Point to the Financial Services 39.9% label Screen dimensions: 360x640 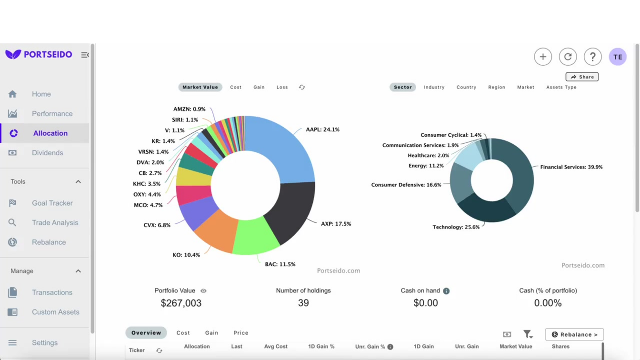[x=571, y=167]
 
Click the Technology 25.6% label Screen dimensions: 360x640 [x=456, y=227]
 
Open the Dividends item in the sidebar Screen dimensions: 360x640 [x=47, y=153]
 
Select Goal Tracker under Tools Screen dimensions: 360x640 [x=52, y=203]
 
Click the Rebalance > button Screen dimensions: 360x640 [x=574, y=335]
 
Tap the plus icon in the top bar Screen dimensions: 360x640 [x=543, y=57]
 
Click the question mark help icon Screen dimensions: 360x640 [x=592, y=57]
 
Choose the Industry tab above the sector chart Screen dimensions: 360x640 [x=434, y=87]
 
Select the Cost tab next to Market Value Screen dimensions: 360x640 [x=236, y=87]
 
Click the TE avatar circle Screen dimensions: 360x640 [x=618, y=57]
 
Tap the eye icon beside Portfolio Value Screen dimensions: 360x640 [x=203, y=291]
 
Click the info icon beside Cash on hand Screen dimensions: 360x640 [x=446, y=291]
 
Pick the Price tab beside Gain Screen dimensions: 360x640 [x=241, y=333]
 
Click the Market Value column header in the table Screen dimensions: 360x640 [x=516, y=347]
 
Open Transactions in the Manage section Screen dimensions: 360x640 [x=52, y=293]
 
